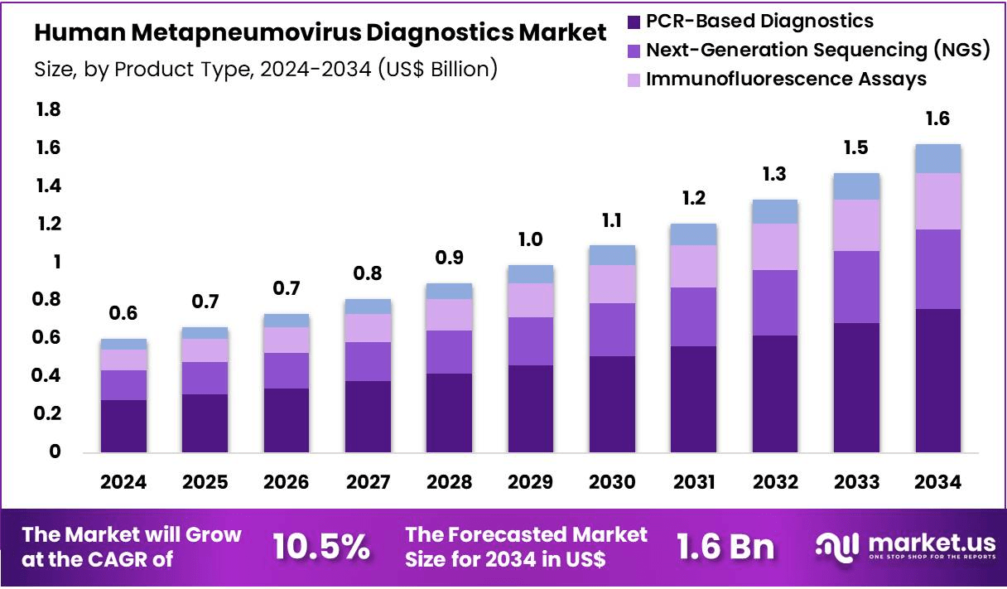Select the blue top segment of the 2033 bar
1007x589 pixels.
(x=856, y=186)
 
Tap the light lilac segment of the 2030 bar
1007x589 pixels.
(x=612, y=284)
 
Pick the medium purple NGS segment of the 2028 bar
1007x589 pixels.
(x=449, y=352)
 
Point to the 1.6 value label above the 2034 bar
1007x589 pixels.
(x=938, y=118)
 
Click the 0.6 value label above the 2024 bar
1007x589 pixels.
(x=123, y=313)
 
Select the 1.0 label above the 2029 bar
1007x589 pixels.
(x=531, y=239)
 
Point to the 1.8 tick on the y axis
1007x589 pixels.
(x=49, y=110)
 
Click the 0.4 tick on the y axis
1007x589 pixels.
(x=49, y=376)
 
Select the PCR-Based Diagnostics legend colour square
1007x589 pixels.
(x=634, y=22)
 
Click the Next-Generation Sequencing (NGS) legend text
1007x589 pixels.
(x=817, y=50)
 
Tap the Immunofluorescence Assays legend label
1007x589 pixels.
(x=786, y=80)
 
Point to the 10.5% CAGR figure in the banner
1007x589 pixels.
(x=320, y=546)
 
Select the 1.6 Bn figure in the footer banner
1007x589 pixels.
(x=725, y=546)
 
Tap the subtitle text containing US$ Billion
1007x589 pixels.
(x=265, y=68)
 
